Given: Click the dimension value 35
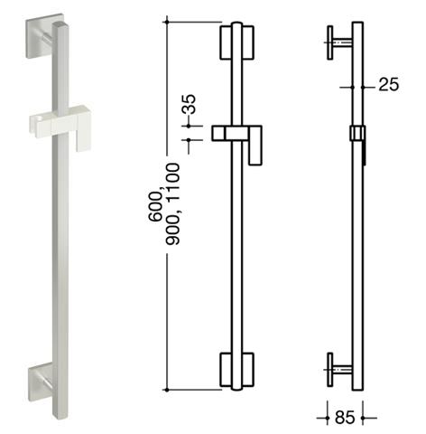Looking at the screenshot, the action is coord(190,104).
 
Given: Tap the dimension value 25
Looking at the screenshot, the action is coord(389,84).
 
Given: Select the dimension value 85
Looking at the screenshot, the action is coord(345,418).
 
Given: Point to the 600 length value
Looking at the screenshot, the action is coord(156,206).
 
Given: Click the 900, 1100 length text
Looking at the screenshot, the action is coord(173,204).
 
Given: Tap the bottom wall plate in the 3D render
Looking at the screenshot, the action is coord(41,382).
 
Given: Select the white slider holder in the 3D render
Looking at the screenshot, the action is coord(60,125).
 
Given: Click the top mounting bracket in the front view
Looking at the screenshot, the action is coord(237,42).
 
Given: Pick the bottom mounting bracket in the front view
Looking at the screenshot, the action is coord(237,370).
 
